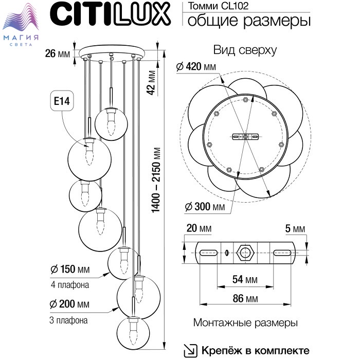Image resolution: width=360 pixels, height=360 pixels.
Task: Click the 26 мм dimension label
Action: (x=57, y=53)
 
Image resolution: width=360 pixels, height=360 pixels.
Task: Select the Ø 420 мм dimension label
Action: (x=196, y=67)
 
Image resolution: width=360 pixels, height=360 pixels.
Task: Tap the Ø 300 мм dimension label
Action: (x=205, y=207)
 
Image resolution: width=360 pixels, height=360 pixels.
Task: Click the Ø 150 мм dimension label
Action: (x=70, y=270)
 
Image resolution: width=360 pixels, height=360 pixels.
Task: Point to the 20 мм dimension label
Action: (x=199, y=228)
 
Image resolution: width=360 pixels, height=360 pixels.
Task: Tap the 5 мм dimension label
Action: (x=295, y=228)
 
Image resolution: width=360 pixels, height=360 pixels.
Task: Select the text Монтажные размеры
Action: (x=245, y=323)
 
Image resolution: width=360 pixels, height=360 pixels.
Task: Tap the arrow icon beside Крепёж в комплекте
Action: (x=190, y=350)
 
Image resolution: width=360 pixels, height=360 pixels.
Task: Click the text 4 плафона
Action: (x=70, y=285)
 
